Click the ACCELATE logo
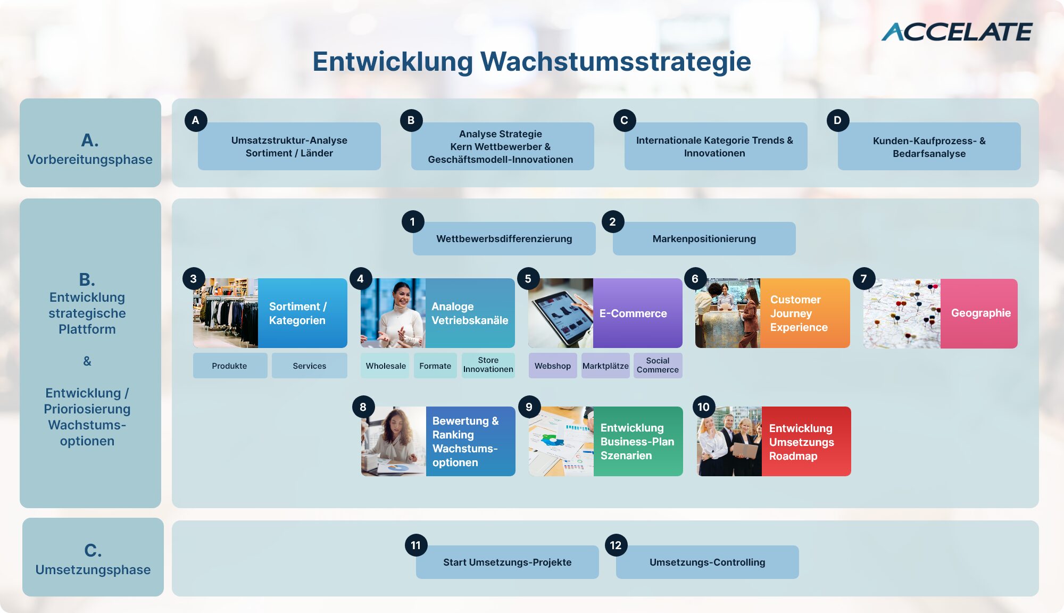click(x=957, y=32)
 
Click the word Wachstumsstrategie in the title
click(x=616, y=61)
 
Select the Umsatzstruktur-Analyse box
click(x=289, y=146)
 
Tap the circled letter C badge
click(x=625, y=120)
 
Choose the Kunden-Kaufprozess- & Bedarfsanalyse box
click(x=929, y=146)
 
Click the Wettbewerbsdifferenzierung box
click(x=504, y=238)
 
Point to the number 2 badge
click(x=613, y=222)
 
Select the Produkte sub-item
click(x=230, y=366)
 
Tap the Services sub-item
click(x=309, y=366)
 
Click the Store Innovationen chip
click(x=488, y=365)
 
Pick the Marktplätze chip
click(x=605, y=366)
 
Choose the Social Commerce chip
click(x=658, y=366)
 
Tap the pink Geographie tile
click(x=979, y=313)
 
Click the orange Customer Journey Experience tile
click(x=805, y=313)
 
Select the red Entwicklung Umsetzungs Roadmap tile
click(x=806, y=442)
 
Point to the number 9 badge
click(x=529, y=407)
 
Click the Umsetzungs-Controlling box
click(x=708, y=562)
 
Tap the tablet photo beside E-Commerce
click(x=561, y=313)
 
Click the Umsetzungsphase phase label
click(x=93, y=570)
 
